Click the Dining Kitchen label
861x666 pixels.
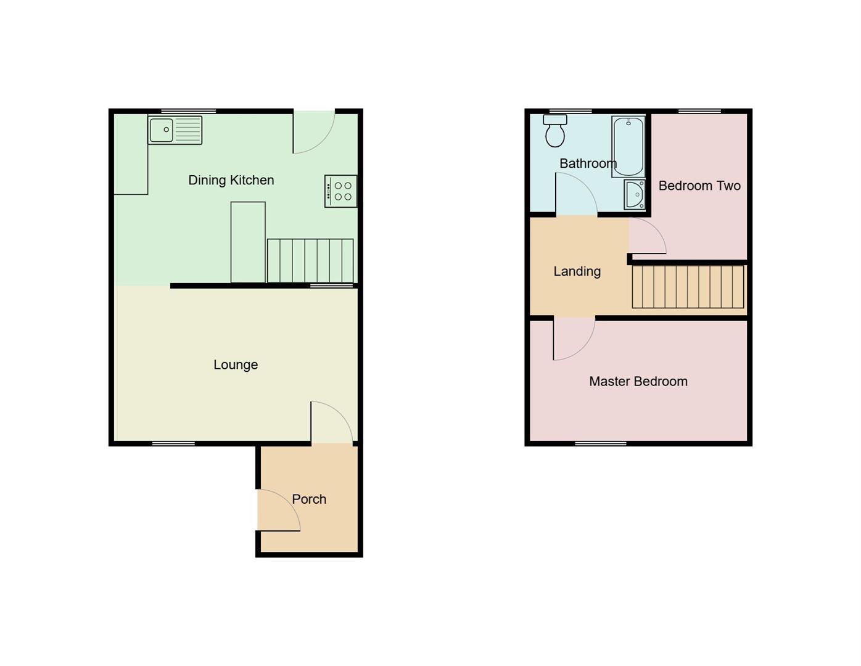click(231, 180)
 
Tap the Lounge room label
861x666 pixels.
click(236, 364)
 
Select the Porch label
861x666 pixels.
click(309, 499)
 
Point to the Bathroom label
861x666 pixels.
click(588, 163)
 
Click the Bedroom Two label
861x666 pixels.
click(699, 186)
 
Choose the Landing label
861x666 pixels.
click(577, 271)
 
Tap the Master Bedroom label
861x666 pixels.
click(638, 381)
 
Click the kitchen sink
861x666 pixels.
click(175, 130)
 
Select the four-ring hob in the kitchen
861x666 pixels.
click(341, 191)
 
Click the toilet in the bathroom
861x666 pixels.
click(555, 130)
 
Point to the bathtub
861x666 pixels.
click(628, 147)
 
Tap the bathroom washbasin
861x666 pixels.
click(634, 195)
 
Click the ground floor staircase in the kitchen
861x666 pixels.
click(310, 260)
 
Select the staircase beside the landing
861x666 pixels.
click(688, 286)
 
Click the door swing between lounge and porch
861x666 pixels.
click(330, 423)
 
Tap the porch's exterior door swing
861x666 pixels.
click(278, 511)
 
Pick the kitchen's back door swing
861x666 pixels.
click(313, 131)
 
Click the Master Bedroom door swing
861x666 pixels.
click(573, 338)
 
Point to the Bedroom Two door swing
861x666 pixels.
click(646, 236)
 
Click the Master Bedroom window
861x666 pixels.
click(601, 443)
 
